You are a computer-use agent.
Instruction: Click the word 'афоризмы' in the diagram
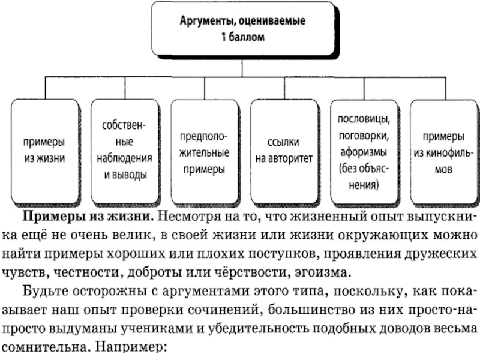(x=362, y=151)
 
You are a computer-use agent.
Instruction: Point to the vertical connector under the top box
(x=243, y=65)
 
